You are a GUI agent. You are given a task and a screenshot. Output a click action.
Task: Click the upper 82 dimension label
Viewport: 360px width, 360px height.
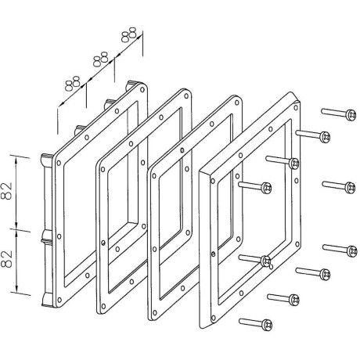(7, 191)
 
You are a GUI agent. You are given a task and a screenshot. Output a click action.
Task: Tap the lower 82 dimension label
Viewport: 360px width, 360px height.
(7, 259)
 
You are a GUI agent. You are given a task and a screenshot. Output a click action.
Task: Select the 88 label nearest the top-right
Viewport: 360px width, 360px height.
(129, 34)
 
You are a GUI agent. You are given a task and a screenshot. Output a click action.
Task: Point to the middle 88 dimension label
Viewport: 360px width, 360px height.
(100, 59)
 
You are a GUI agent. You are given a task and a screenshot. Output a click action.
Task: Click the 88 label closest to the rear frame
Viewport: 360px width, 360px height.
(72, 84)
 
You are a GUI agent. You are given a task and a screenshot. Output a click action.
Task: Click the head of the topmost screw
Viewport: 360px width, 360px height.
(351, 115)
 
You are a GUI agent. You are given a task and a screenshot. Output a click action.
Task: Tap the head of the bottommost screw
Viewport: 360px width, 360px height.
(267, 325)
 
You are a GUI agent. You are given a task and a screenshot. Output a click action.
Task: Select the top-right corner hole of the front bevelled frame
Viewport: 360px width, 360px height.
(296, 107)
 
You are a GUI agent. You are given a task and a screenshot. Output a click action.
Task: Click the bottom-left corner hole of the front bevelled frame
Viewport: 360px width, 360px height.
(214, 319)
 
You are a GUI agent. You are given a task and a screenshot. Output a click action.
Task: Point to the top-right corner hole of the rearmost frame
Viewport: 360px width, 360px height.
(142, 89)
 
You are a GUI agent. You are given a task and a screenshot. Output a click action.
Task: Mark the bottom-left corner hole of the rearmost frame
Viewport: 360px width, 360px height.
(59, 300)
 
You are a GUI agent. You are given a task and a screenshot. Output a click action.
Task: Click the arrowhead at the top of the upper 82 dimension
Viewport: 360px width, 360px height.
(16, 160)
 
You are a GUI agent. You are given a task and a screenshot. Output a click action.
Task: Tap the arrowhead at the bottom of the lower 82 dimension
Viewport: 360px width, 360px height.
(17, 289)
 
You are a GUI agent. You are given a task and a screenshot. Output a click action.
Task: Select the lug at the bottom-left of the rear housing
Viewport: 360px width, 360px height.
(47, 299)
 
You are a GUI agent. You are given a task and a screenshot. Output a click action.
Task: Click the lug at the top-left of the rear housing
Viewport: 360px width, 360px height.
(47, 160)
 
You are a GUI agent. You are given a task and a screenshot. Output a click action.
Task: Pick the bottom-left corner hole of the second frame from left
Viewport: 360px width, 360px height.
(103, 306)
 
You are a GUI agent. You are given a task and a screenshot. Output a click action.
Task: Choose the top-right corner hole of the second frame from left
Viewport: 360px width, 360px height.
(186, 96)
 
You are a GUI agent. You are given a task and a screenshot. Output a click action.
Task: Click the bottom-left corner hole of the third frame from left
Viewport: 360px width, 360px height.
(155, 312)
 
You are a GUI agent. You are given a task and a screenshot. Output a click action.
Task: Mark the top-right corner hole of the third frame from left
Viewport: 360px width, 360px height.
(237, 103)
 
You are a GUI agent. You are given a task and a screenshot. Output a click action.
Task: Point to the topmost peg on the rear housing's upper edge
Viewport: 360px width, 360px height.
(131, 85)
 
